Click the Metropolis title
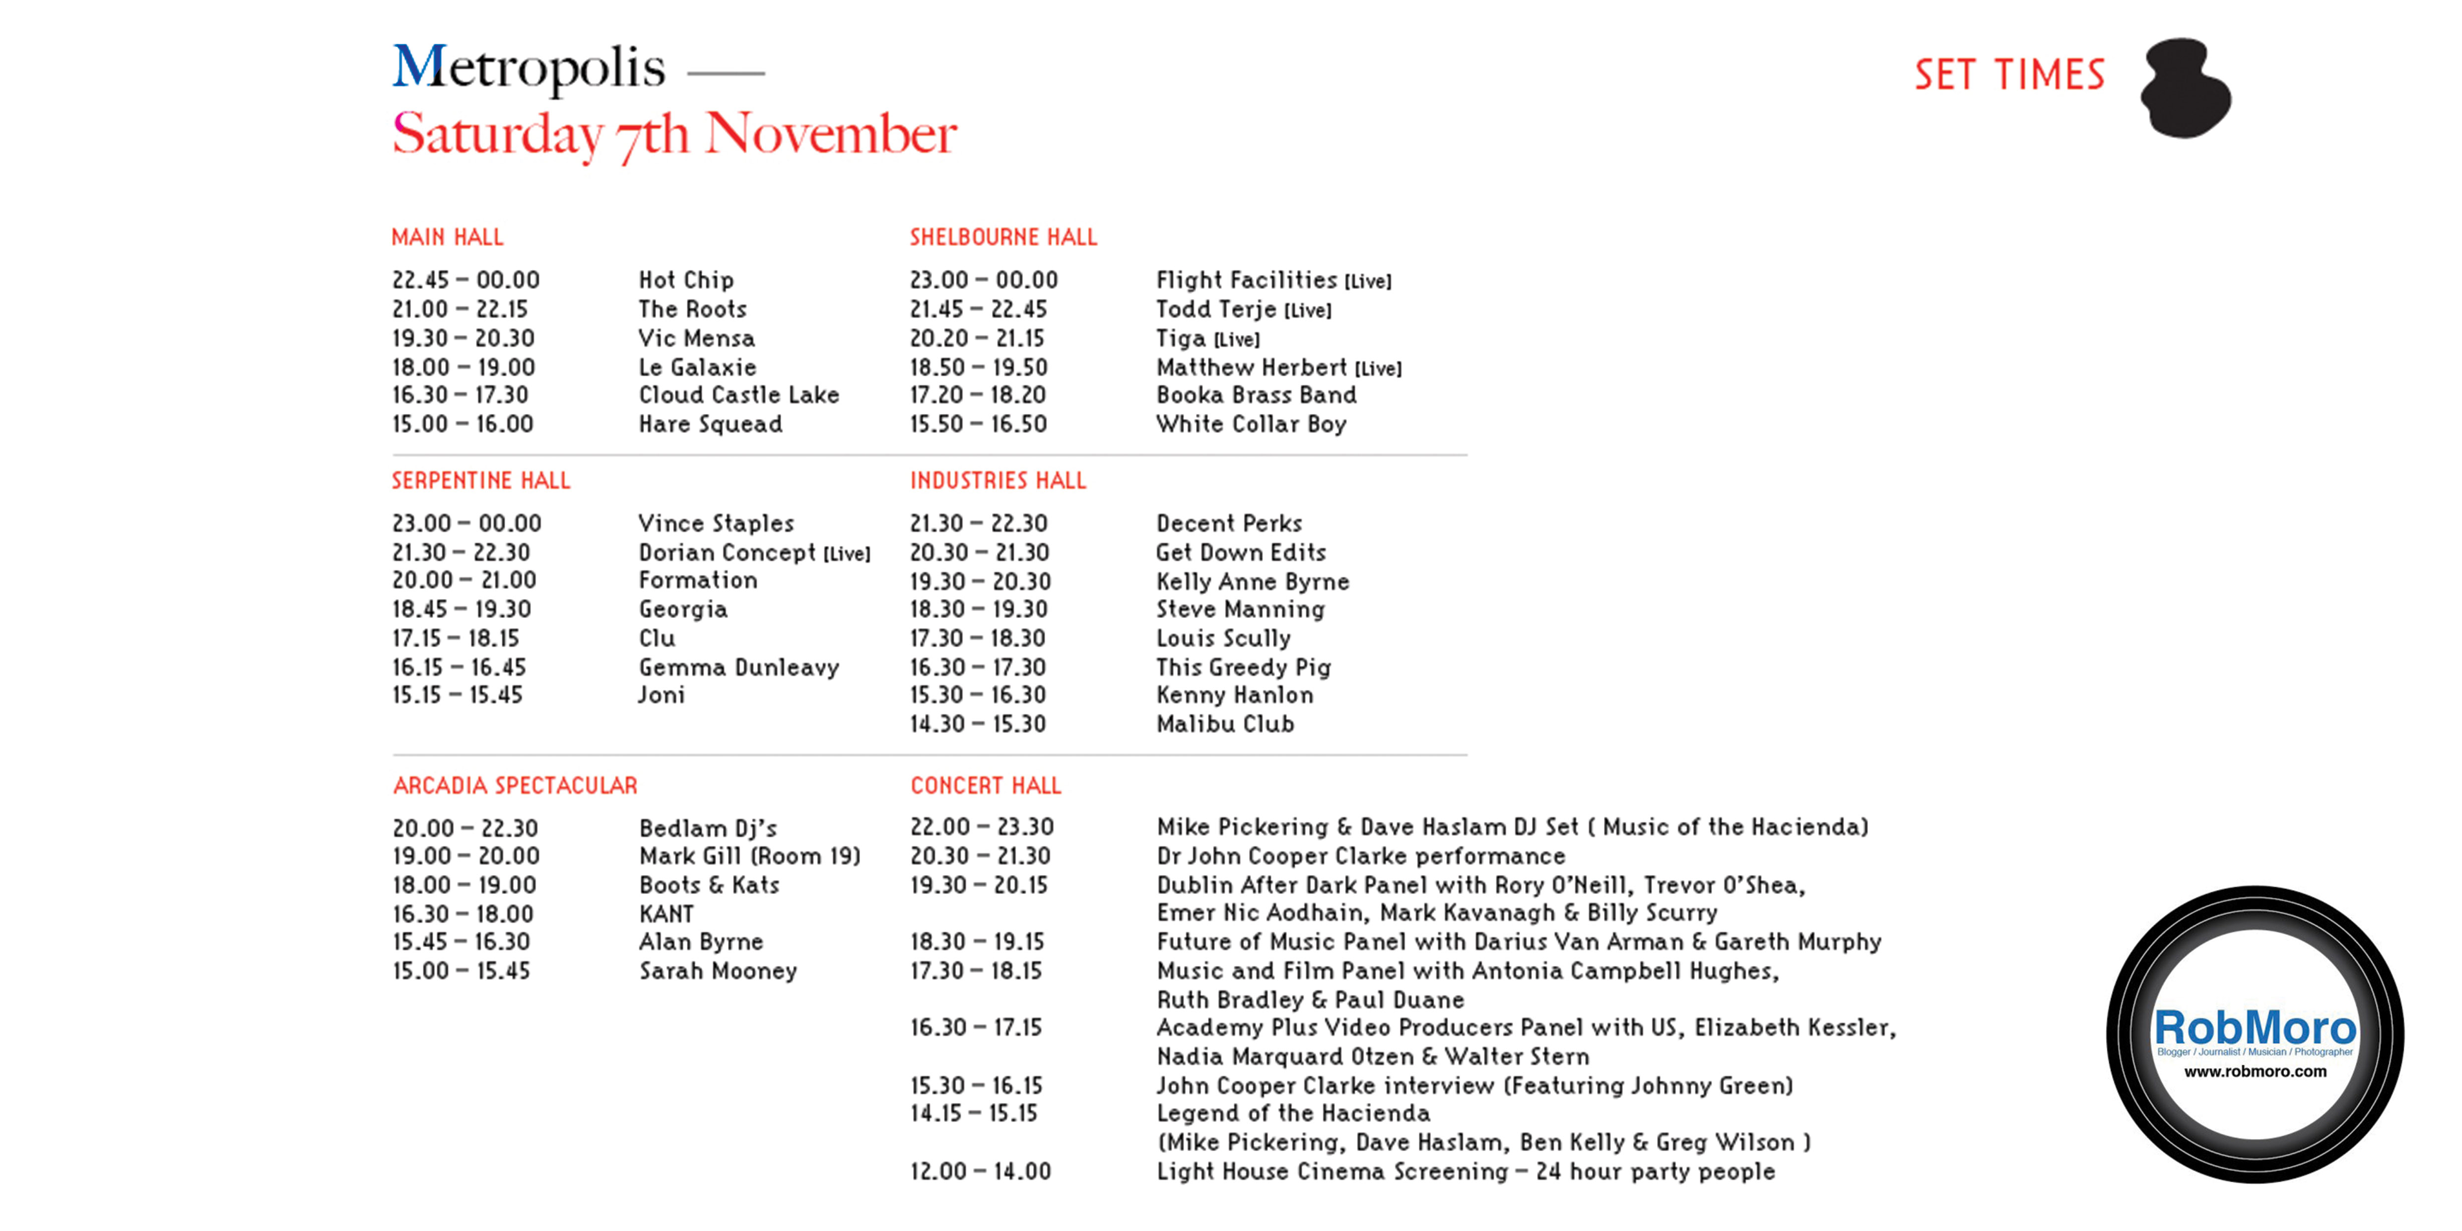pyautogui.click(x=529, y=69)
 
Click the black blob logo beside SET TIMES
pyautogui.click(x=2185, y=88)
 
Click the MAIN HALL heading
pyautogui.click(x=447, y=237)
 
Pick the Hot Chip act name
pyautogui.click(x=686, y=280)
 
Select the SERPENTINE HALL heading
pyautogui.click(x=481, y=481)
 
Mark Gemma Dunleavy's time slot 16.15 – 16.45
pyautogui.click(x=459, y=667)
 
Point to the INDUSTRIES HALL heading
pyautogui.click(x=998, y=481)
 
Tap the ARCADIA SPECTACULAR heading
pyautogui.click(x=515, y=786)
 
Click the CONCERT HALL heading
pyautogui.click(x=986, y=786)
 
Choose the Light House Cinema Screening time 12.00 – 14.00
pyautogui.click(x=981, y=1172)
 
